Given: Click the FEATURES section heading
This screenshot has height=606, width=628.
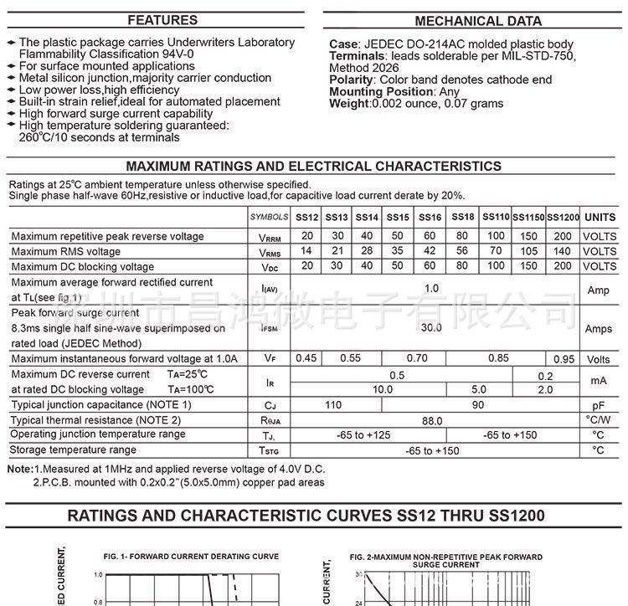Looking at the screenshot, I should click(162, 20).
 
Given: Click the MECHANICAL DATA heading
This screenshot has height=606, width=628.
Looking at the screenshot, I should click(478, 21).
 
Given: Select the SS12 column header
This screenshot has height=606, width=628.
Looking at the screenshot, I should click(307, 217).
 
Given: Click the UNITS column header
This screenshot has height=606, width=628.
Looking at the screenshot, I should click(600, 217).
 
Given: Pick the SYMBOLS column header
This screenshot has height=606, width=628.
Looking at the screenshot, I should click(269, 217).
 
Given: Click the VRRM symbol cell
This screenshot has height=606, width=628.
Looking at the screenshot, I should click(269, 237).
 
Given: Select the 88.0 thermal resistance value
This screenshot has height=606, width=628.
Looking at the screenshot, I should click(431, 420).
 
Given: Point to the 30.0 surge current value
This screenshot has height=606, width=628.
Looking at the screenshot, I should click(431, 327).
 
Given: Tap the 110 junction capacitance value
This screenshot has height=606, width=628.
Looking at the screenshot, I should click(333, 405).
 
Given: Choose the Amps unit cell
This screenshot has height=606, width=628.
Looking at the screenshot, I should click(599, 329).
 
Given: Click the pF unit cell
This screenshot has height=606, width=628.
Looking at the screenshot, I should click(599, 405).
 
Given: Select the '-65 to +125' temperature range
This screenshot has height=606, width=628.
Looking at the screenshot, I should click(363, 435).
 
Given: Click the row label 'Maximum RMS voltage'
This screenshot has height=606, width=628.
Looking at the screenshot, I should click(66, 252).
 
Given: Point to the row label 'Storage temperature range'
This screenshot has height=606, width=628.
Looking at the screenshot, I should click(74, 450).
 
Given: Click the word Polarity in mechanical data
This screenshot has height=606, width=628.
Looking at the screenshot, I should click(351, 80).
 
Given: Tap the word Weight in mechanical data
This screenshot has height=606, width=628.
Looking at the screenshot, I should click(348, 104).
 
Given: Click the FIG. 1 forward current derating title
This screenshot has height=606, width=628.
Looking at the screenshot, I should click(191, 556).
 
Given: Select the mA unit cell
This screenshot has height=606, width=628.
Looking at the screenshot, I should click(599, 382).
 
